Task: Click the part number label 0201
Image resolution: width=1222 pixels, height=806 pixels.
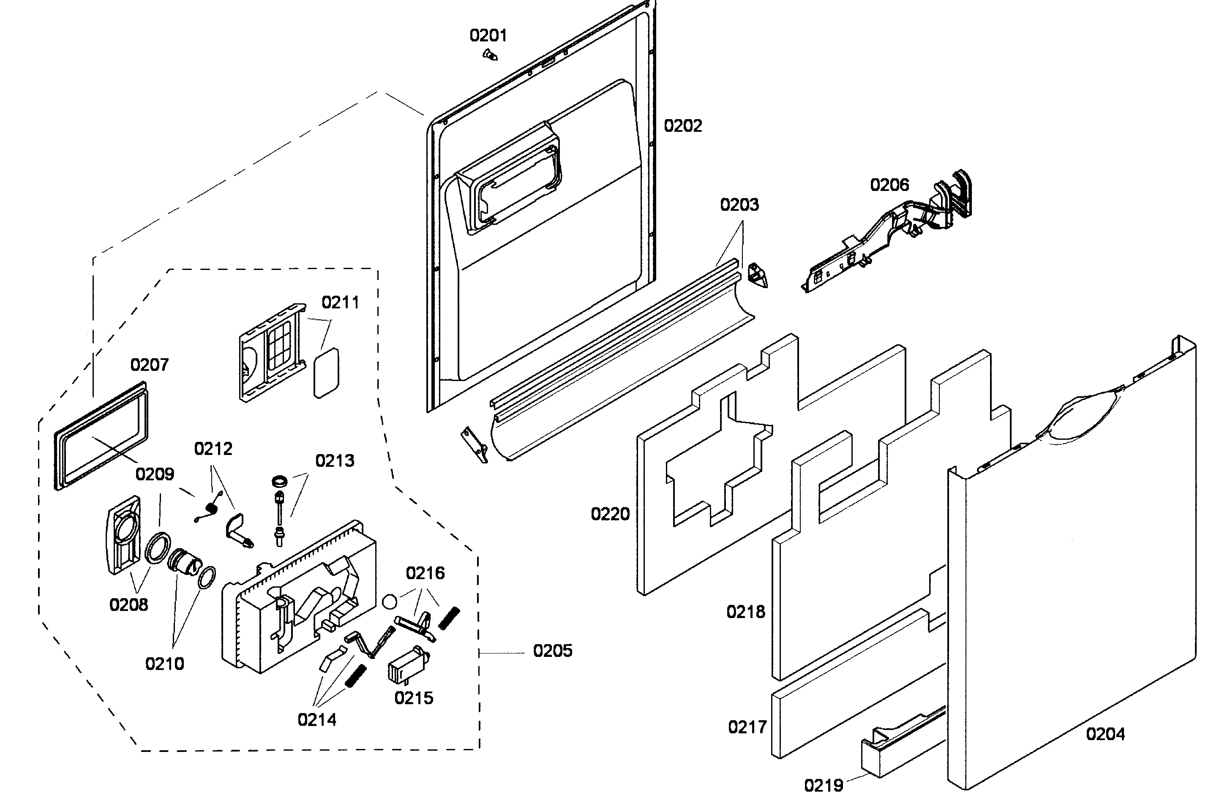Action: tap(488, 35)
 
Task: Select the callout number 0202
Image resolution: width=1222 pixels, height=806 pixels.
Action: tap(683, 126)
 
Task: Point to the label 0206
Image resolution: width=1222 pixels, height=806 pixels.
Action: tap(889, 185)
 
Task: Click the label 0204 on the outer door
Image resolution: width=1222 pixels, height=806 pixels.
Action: tap(1105, 734)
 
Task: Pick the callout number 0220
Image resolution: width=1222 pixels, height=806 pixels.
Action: tap(610, 514)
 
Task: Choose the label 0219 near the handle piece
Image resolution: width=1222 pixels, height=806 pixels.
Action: tap(824, 785)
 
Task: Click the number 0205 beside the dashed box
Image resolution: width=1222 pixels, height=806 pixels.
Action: tap(552, 651)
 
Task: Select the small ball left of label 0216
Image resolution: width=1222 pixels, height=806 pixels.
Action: tap(390, 602)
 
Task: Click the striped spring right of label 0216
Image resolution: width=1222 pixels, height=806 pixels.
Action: tap(448, 618)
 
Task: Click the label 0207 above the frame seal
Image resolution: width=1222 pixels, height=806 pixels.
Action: tap(149, 365)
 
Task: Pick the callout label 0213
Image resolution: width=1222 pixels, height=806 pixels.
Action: tap(335, 460)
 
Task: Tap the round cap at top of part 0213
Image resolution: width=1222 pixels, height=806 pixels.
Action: tap(280, 481)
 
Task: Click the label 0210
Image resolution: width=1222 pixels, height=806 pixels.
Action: tap(164, 664)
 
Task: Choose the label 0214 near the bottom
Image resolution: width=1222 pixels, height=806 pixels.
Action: tap(316, 720)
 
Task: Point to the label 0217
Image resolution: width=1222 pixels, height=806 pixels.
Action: tap(747, 727)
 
